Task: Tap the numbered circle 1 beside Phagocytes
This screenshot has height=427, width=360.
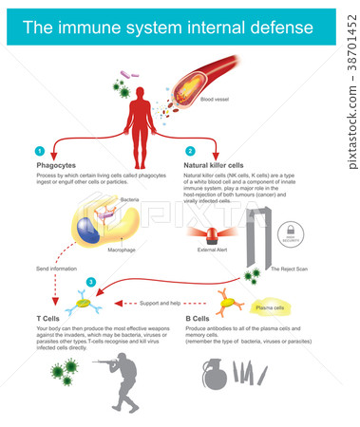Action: tap(38, 151)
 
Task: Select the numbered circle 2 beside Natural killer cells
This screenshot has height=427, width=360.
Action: tap(189, 151)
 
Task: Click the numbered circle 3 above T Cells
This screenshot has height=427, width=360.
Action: tap(90, 282)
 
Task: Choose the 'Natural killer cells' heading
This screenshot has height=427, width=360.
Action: tap(214, 164)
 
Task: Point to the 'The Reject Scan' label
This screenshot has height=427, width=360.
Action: tap(289, 269)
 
